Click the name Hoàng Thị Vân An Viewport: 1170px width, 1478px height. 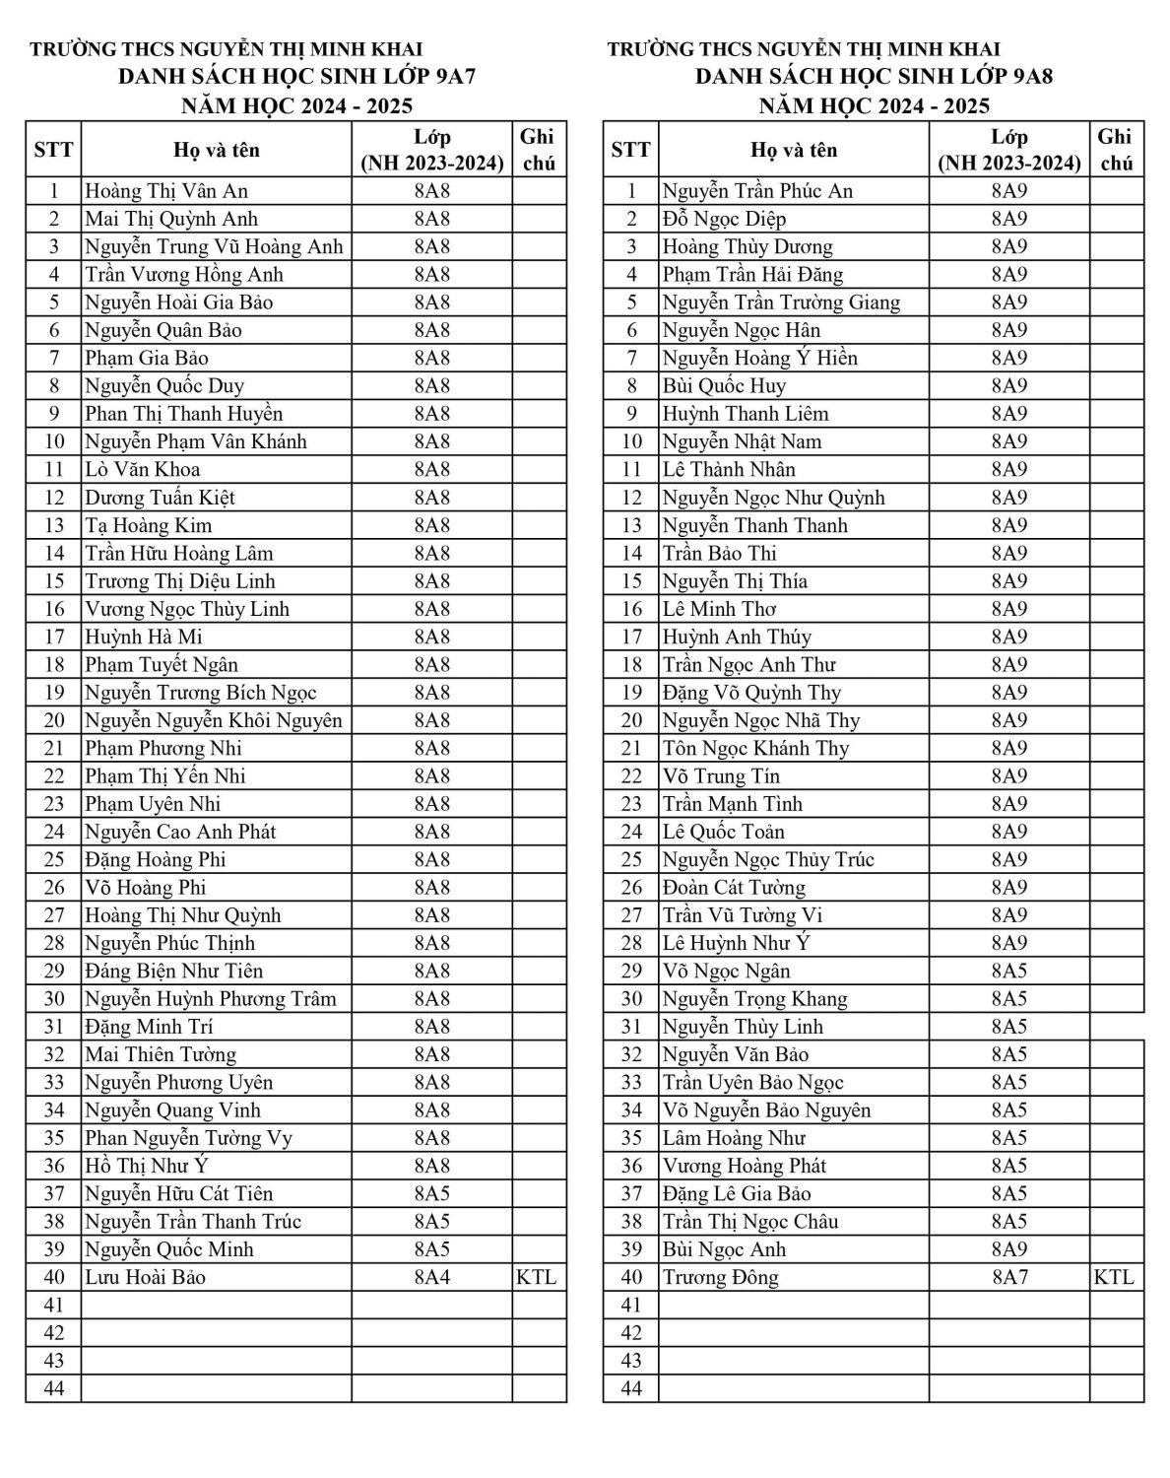(x=166, y=191)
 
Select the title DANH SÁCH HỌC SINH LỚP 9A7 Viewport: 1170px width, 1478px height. (x=296, y=77)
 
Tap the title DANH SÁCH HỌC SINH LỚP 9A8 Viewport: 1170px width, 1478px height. (x=874, y=77)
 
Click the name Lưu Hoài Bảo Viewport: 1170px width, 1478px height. (x=145, y=1277)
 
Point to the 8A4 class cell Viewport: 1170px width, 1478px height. (x=431, y=1277)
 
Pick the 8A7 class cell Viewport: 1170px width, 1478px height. (x=1008, y=1277)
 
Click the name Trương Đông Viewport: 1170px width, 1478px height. (x=720, y=1277)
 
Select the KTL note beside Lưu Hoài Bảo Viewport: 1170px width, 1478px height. (x=536, y=1277)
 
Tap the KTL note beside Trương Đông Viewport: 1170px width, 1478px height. (x=1114, y=1277)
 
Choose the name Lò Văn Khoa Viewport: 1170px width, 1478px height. (x=142, y=470)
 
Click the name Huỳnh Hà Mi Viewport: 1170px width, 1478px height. (x=144, y=637)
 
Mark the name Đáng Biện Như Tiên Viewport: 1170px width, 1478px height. (x=173, y=971)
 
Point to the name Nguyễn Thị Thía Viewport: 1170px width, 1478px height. (x=735, y=581)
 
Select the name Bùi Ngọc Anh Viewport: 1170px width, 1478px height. (x=724, y=1249)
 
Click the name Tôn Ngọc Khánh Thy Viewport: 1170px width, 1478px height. (x=755, y=748)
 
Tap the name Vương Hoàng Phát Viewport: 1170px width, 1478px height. (x=744, y=1166)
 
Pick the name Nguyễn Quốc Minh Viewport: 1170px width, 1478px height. (x=169, y=1249)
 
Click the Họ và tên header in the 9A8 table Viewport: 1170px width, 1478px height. (x=794, y=150)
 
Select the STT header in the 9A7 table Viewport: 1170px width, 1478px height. (x=53, y=150)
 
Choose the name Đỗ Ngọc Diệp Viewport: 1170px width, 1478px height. (x=724, y=219)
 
